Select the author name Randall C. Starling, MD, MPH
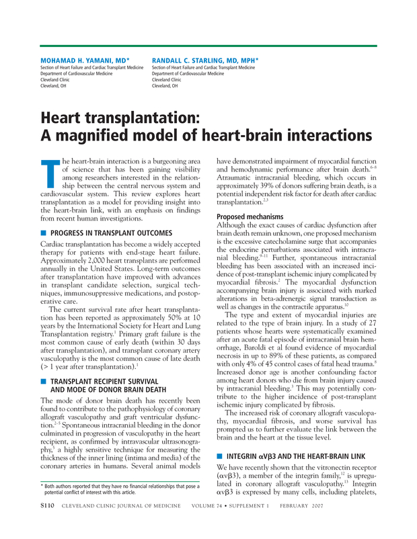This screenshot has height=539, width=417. point(205,60)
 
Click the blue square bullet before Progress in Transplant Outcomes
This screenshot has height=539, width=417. point(44,233)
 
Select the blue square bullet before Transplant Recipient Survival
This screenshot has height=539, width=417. point(44,380)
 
